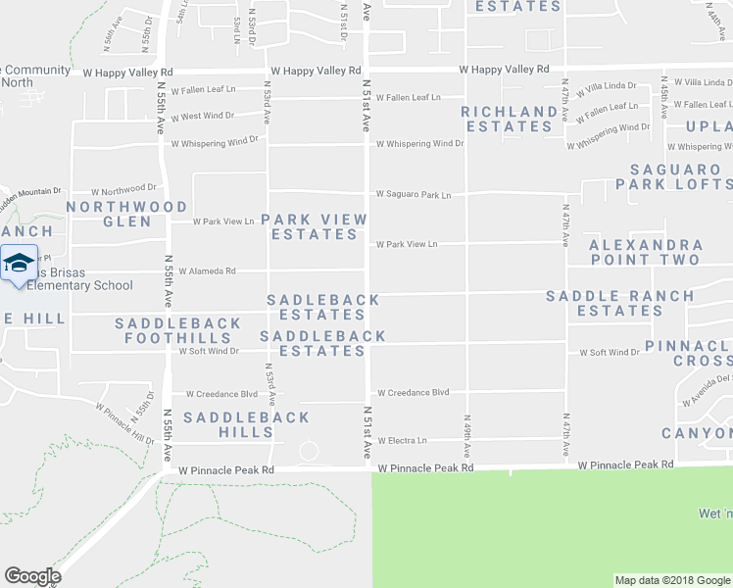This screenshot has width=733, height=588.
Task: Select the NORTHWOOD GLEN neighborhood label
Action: pyautogui.click(x=126, y=214)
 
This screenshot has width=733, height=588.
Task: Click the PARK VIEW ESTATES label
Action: pyautogui.click(x=315, y=226)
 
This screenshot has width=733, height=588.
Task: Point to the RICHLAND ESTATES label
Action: pyautogui.click(x=509, y=119)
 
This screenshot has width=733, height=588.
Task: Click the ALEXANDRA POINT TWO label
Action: pyautogui.click(x=646, y=252)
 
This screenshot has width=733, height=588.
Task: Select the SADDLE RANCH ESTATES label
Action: pyautogui.click(x=619, y=303)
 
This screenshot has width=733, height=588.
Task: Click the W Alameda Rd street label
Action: pyautogui.click(x=207, y=271)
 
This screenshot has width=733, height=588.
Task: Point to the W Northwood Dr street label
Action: pyautogui.click(x=123, y=189)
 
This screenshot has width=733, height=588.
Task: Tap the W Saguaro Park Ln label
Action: pyautogui.click(x=413, y=195)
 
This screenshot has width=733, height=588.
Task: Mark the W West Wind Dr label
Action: pyautogui.click(x=203, y=116)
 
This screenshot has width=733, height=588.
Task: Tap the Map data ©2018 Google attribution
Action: pyautogui.click(x=671, y=580)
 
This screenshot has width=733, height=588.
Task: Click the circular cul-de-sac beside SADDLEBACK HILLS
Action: pyautogui.click(x=309, y=451)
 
